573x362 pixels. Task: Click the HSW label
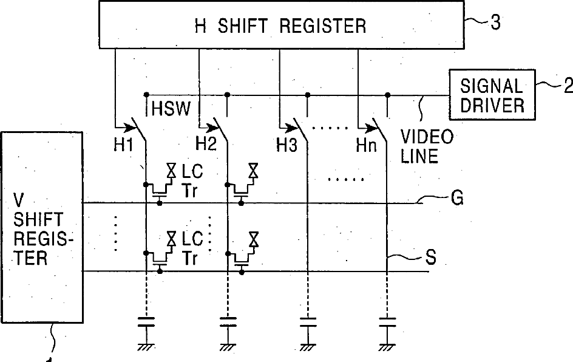coord(171,109)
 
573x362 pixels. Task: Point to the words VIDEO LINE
coord(426,146)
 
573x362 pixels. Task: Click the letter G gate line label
coord(458,198)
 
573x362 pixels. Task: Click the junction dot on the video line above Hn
coord(388,95)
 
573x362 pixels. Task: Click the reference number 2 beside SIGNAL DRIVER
coord(568,86)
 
